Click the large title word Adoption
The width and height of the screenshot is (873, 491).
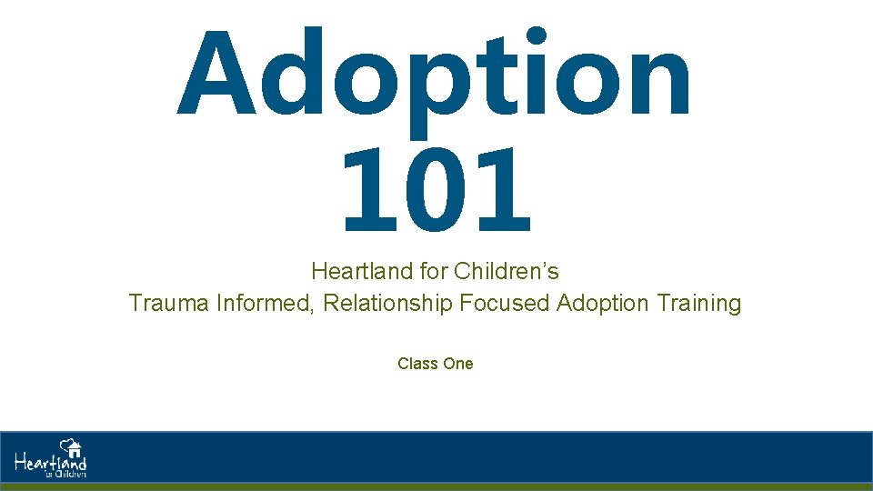435,77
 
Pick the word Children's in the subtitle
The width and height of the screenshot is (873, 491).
507,271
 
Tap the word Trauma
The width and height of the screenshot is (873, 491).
169,303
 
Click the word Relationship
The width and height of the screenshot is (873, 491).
387,303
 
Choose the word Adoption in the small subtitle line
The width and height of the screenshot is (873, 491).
600,303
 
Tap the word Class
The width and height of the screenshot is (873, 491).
417,364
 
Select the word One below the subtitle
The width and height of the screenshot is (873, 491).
457,364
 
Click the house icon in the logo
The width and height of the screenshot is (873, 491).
72,447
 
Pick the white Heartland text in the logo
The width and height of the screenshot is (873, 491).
50,463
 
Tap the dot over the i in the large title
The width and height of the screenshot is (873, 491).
537,37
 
